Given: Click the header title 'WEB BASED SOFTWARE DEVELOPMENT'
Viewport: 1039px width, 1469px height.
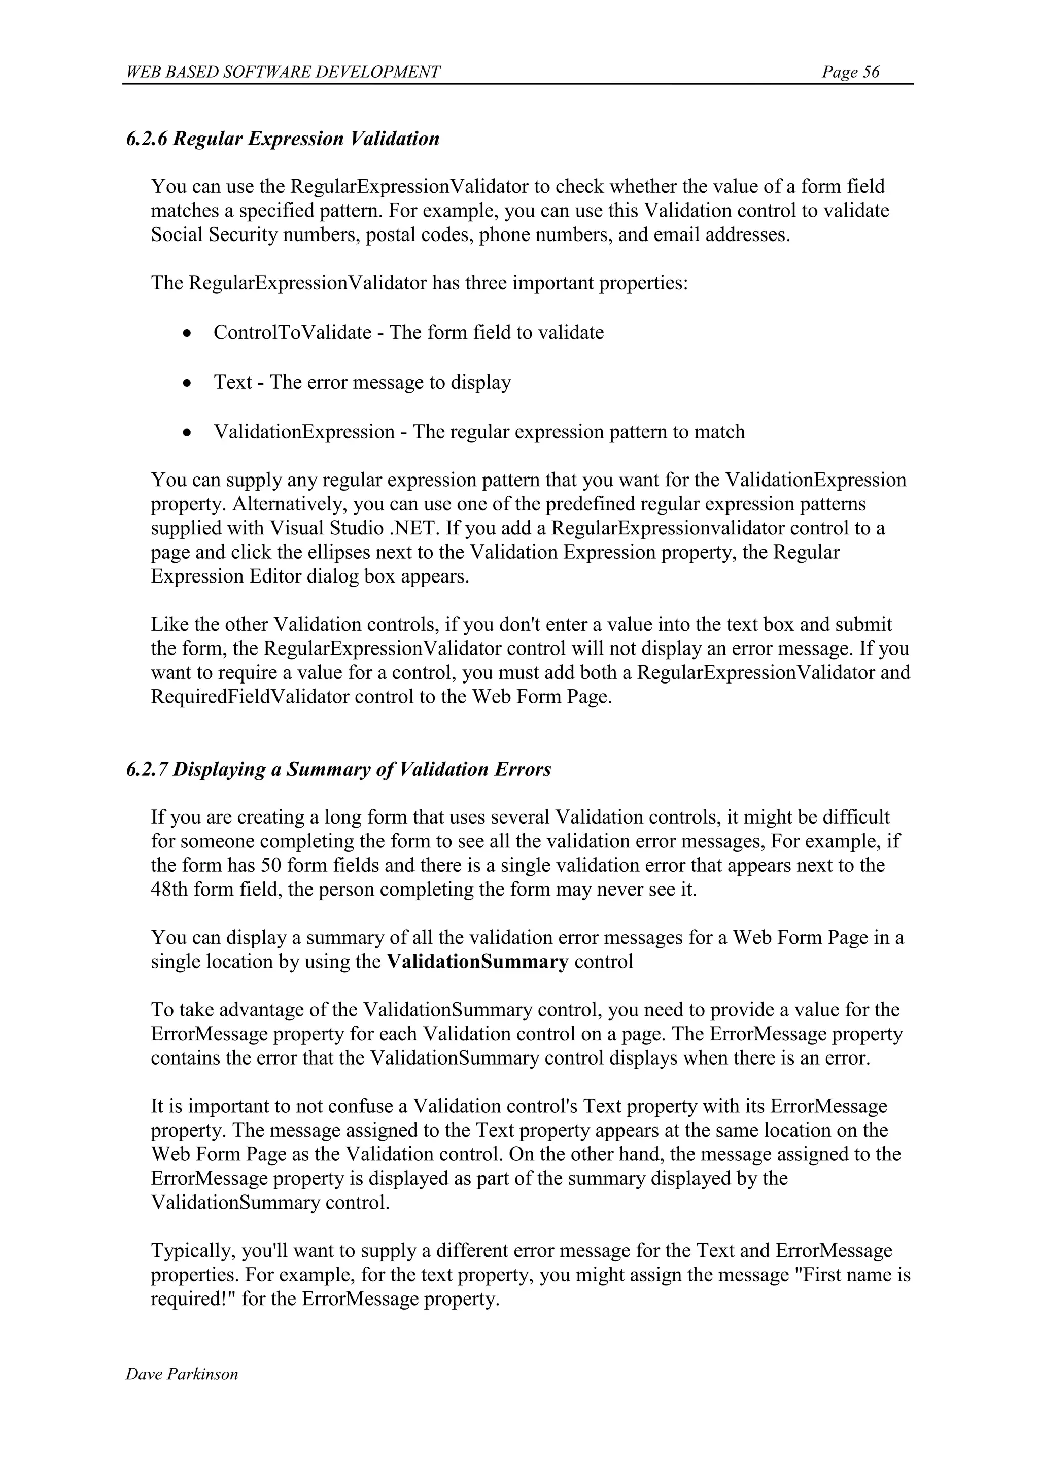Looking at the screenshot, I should [284, 72].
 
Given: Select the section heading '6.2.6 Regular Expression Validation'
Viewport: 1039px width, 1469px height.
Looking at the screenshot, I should [283, 139].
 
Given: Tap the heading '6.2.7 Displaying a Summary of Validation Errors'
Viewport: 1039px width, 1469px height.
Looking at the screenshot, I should [338, 769].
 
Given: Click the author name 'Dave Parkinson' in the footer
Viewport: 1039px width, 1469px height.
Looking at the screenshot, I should [182, 1374].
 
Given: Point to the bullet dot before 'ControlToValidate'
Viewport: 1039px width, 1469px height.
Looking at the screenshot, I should [186, 334].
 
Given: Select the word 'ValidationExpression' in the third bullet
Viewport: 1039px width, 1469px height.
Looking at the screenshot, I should [304, 432].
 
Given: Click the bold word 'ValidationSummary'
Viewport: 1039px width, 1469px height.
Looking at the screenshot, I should [477, 962].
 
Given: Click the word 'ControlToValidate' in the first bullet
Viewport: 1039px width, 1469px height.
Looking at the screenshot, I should [292, 333].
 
